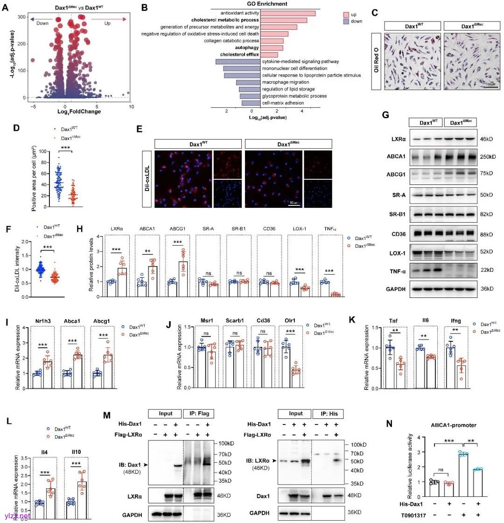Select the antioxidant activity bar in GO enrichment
click(287, 13)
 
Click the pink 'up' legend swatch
click(347, 14)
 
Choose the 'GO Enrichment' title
click(266, 4)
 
